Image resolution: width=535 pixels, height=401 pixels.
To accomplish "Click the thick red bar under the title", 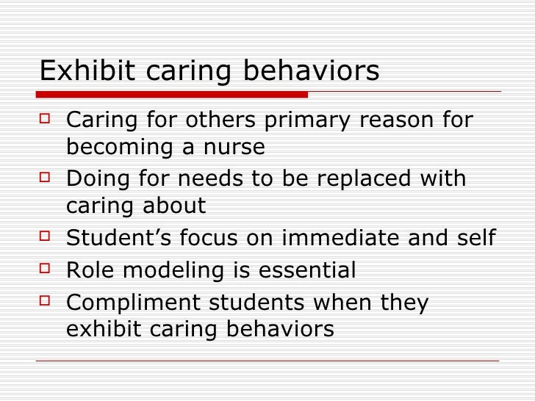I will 173,94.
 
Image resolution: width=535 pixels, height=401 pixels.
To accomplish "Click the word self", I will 475,239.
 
